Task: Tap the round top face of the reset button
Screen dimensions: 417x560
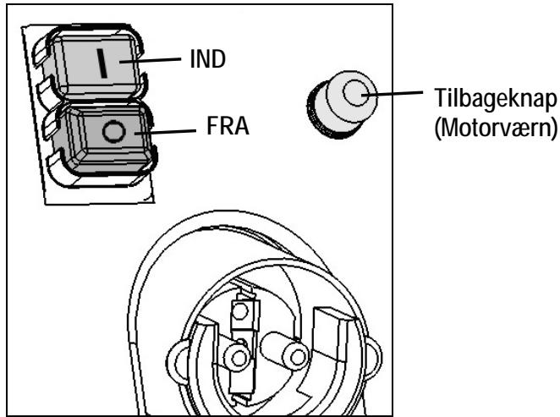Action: click(x=358, y=96)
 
